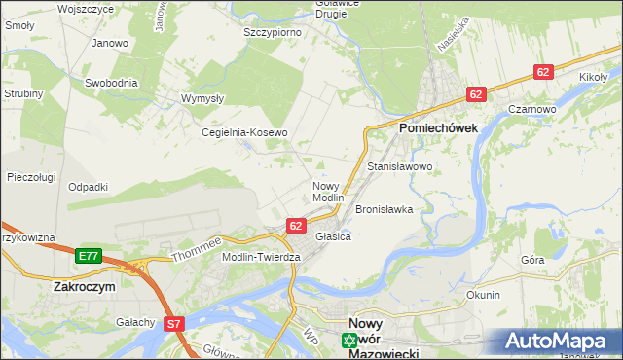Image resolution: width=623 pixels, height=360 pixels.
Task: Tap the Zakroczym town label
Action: [x=86, y=287]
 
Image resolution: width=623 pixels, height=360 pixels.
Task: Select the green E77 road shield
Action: [x=89, y=256]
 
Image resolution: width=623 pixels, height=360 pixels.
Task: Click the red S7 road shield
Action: [x=174, y=324]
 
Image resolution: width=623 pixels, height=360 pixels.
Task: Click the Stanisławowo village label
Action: [x=399, y=167]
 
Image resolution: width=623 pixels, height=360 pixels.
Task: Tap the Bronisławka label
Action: [x=385, y=209]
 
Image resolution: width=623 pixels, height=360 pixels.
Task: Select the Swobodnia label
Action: [x=111, y=83]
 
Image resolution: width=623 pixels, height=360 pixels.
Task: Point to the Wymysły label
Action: [x=203, y=98]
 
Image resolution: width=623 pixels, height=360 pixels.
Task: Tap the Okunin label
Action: [x=483, y=295]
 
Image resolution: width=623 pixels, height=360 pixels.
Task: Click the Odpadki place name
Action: [x=88, y=186]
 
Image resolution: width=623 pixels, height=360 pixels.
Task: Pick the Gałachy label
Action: [x=135, y=322]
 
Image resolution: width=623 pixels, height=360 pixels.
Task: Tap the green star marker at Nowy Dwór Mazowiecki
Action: [x=348, y=341]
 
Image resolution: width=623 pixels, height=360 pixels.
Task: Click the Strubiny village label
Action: [x=22, y=93]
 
